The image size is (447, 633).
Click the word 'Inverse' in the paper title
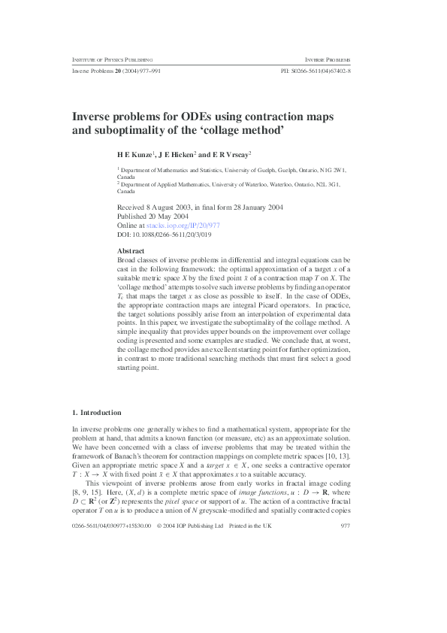point(92,117)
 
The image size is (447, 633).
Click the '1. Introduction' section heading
point(96,412)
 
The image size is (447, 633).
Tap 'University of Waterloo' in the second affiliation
point(252,184)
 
